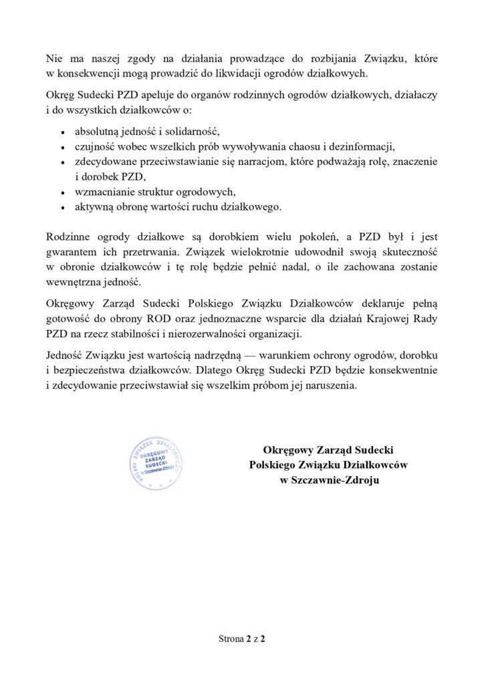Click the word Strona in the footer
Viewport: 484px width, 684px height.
(232, 639)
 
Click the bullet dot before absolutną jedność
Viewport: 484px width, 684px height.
(62, 131)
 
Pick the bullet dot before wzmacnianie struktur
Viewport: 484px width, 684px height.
(62, 192)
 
